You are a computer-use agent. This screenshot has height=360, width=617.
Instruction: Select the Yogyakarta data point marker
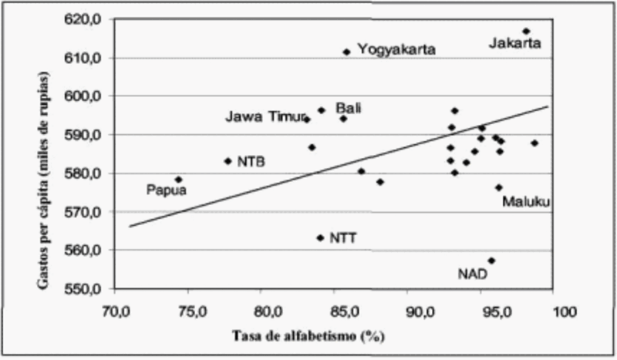pyautogui.click(x=346, y=52)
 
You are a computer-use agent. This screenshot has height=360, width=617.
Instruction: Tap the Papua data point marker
pyautogui.click(x=179, y=180)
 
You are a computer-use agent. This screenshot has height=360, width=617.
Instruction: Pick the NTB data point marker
pyautogui.click(x=228, y=161)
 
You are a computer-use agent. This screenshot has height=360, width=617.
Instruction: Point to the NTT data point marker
pyautogui.click(x=320, y=237)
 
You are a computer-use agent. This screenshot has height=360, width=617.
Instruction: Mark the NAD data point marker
pyautogui.click(x=491, y=261)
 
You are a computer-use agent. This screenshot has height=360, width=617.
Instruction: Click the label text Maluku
pyautogui.click(x=526, y=202)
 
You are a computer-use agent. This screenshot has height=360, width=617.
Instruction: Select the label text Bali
pyautogui.click(x=349, y=108)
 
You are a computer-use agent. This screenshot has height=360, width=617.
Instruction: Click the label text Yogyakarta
pyautogui.click(x=396, y=50)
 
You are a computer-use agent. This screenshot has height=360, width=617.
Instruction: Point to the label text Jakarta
pyautogui.click(x=514, y=44)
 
